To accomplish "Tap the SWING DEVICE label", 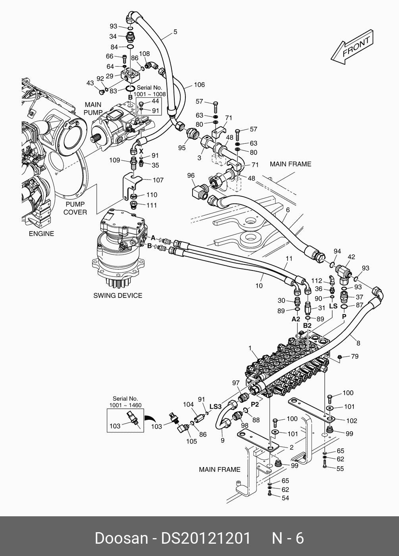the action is click(x=118, y=295).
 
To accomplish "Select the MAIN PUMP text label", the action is click(x=93, y=108).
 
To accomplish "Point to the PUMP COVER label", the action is click(x=75, y=208).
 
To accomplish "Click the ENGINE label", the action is click(x=41, y=234).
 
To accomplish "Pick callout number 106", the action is click(x=199, y=85).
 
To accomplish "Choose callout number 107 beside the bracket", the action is click(x=158, y=180).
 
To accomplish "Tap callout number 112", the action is click(x=317, y=281).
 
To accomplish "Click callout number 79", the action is click(x=355, y=357).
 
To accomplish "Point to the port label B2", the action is click(x=307, y=325).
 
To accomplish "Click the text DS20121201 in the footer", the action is click(x=206, y=539).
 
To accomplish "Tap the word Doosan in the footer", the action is click(x=121, y=539).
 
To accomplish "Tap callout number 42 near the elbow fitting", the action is click(x=351, y=257).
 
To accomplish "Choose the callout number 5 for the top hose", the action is click(x=175, y=32).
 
